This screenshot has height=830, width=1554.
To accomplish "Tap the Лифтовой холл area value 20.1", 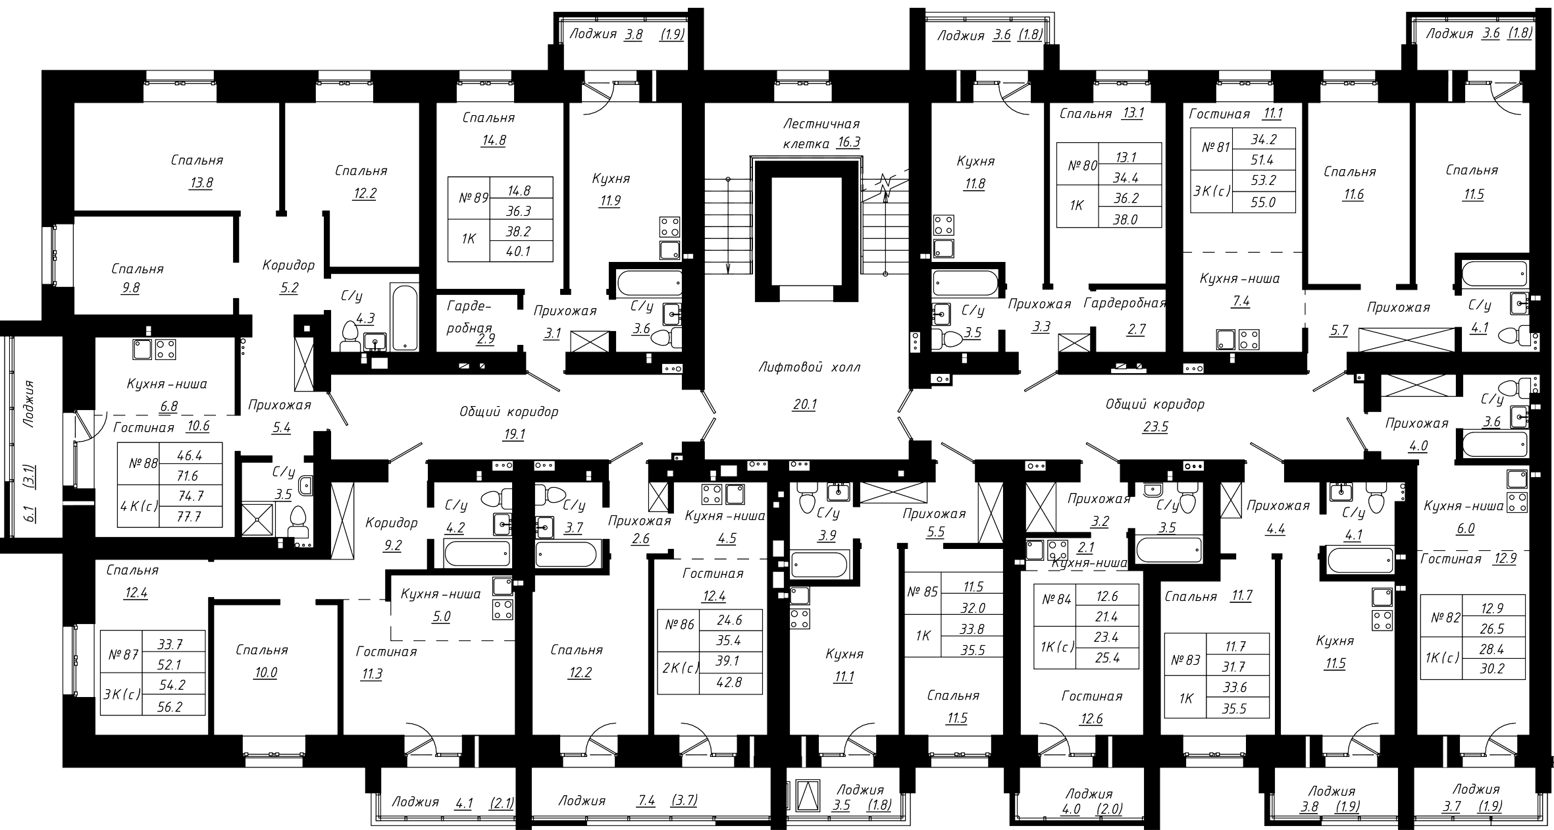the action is (x=804, y=405).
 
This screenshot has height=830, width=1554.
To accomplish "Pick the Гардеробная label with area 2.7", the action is (x=1125, y=303).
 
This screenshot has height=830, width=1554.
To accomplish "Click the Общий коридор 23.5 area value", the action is (x=1155, y=427).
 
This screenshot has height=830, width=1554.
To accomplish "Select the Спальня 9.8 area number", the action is (x=130, y=288).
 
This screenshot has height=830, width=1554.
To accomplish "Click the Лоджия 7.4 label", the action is (x=581, y=801).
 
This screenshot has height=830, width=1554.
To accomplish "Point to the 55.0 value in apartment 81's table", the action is (x=1264, y=203).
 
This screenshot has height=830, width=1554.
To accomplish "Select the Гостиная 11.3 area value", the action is (x=371, y=675).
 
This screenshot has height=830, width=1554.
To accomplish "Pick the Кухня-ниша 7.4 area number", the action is (x=1241, y=302).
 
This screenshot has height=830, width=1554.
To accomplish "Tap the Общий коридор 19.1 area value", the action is (x=513, y=435).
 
